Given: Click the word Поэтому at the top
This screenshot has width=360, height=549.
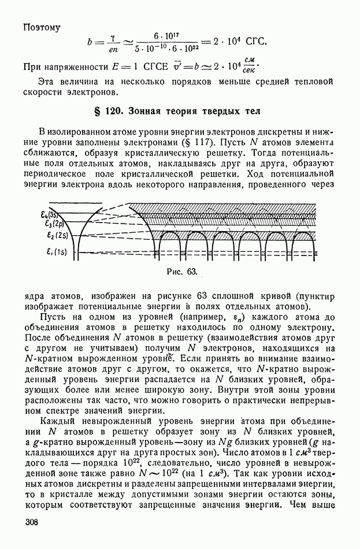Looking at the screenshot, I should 42,27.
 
